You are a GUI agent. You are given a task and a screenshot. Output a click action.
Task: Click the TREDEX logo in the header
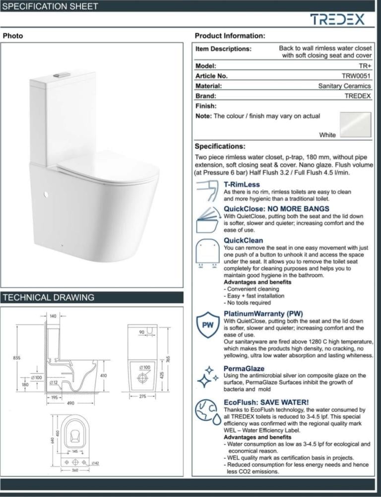coord(337,19)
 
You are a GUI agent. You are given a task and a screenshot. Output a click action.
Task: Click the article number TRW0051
coord(356,76)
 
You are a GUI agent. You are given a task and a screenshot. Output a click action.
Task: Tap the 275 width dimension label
coord(142,396)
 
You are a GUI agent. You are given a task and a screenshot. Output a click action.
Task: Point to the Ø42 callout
coord(96,463)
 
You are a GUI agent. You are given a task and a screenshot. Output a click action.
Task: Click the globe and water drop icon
coord(207,411)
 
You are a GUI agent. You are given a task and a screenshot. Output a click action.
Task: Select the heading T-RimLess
coord(242,184)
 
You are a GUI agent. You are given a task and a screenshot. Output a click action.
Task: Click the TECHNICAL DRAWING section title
coord(49,298)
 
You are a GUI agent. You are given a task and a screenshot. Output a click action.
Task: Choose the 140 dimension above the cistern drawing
coord(53,316)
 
